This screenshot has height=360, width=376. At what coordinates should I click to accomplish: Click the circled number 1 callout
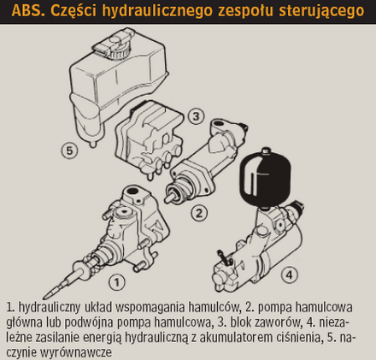click(x=117, y=282)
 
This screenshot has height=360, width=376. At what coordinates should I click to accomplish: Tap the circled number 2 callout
click(x=199, y=213)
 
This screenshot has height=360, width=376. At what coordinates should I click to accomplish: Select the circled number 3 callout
click(x=197, y=116)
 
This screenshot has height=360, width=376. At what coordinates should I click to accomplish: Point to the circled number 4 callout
click(x=289, y=275)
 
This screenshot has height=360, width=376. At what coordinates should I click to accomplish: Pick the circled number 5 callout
click(x=69, y=150)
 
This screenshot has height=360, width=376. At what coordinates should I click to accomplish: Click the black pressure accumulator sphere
click(x=267, y=177)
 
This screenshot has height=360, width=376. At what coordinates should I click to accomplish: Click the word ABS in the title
click(x=28, y=10)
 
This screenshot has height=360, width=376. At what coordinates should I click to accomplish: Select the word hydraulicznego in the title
click(x=157, y=11)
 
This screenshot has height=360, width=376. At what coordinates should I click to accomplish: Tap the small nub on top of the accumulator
click(x=266, y=150)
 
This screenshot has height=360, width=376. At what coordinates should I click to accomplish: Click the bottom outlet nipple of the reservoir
click(x=92, y=145)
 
